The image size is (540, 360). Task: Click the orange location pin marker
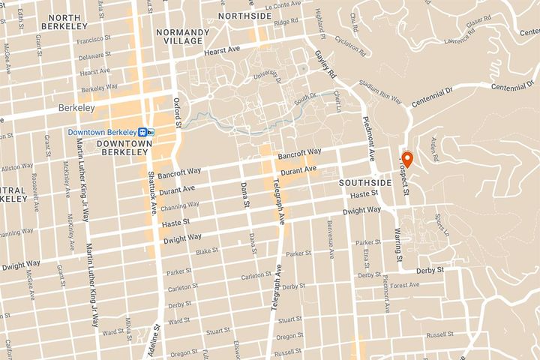point(407,159)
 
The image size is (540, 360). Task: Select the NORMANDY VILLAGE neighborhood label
point(182,37)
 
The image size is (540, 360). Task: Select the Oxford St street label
point(178,112)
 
